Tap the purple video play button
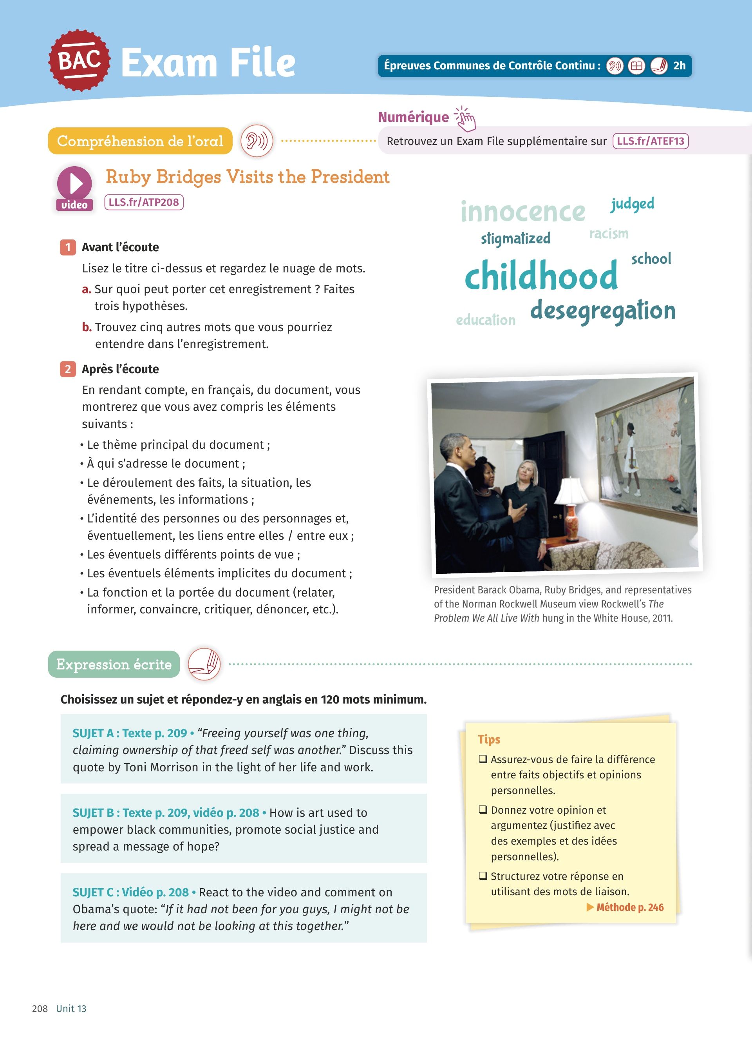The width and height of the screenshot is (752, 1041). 74,183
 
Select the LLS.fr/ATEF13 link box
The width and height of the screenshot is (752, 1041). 650,141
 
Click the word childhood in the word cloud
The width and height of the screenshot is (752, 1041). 541,276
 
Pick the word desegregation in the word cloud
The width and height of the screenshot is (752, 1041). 602,311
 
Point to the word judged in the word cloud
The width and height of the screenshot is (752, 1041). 632,204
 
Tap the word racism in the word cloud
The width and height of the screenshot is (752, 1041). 609,234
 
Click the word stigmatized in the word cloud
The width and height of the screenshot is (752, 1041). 515,239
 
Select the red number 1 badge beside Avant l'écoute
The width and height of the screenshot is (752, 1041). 68,247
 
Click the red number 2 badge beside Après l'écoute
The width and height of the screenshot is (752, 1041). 68,369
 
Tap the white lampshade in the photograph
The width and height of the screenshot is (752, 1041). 571,491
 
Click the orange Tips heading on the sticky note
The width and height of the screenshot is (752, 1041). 489,740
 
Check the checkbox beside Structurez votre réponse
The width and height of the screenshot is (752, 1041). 483,876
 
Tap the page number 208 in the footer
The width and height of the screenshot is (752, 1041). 40,1008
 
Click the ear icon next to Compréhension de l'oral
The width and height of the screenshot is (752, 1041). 257,141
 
